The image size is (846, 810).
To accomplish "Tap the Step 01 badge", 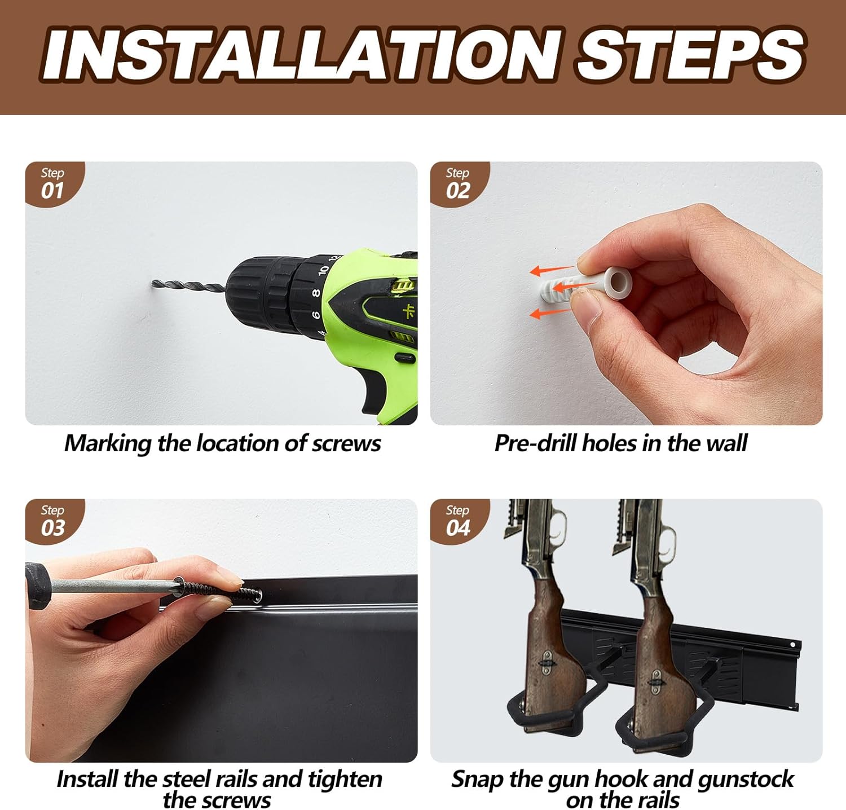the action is [54, 183].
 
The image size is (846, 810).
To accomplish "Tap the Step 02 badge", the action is [459, 183].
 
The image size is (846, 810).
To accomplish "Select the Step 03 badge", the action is [54, 521].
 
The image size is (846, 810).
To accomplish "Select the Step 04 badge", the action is [459, 521].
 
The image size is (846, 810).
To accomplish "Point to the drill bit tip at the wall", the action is [153, 282].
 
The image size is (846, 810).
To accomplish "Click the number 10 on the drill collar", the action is [323, 270].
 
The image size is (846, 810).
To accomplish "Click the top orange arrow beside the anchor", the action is [553, 271].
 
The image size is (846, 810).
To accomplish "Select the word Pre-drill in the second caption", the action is [536, 443].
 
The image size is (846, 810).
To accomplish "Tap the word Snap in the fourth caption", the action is [478, 780].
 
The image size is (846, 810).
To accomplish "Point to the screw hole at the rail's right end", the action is [793, 644].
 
